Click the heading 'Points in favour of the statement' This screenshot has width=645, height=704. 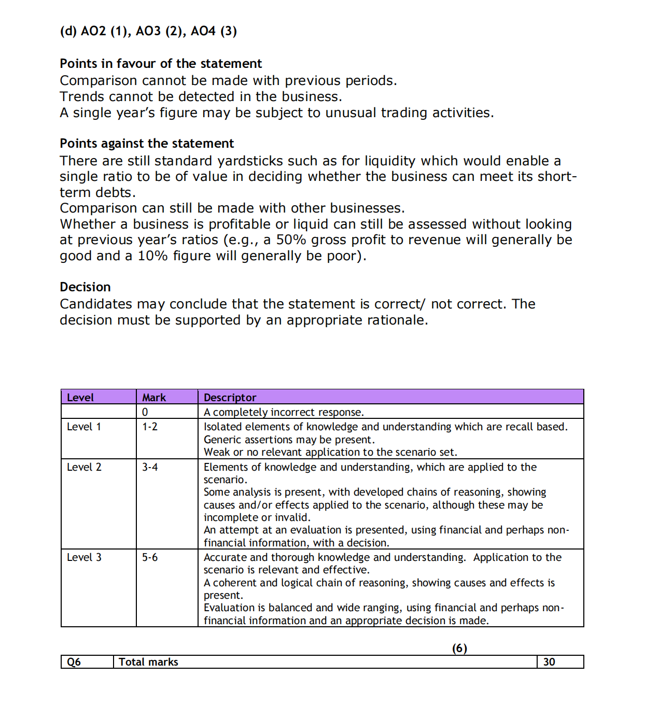pyautogui.click(x=161, y=64)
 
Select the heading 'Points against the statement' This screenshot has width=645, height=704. pyautogui.click(x=147, y=144)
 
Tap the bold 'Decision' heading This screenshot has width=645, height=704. pyautogui.click(x=85, y=287)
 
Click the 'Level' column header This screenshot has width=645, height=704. pyautogui.click(x=80, y=398)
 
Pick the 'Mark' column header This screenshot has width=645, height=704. pyautogui.click(x=154, y=398)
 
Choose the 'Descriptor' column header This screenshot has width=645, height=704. pyautogui.click(x=230, y=398)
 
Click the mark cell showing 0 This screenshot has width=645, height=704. pyautogui.click(x=145, y=412)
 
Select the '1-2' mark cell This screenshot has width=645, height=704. pyautogui.click(x=150, y=427)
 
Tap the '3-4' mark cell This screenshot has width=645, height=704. pyautogui.click(x=150, y=467)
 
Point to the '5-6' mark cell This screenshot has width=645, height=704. pyautogui.click(x=150, y=557)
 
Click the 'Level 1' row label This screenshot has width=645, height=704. pyautogui.click(x=84, y=427)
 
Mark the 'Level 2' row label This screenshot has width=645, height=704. pyautogui.click(x=84, y=467)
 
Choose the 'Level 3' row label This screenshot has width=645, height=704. pyautogui.click(x=84, y=557)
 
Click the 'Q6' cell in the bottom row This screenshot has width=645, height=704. pyautogui.click(x=74, y=662)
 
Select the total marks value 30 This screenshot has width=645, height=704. pyautogui.click(x=549, y=662)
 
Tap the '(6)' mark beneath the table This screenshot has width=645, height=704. pyautogui.click(x=459, y=648)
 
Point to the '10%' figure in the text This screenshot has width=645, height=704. pyautogui.click(x=152, y=256)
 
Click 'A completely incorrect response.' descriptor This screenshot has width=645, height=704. pyautogui.click(x=284, y=412)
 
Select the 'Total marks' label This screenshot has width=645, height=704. pyautogui.click(x=148, y=662)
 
